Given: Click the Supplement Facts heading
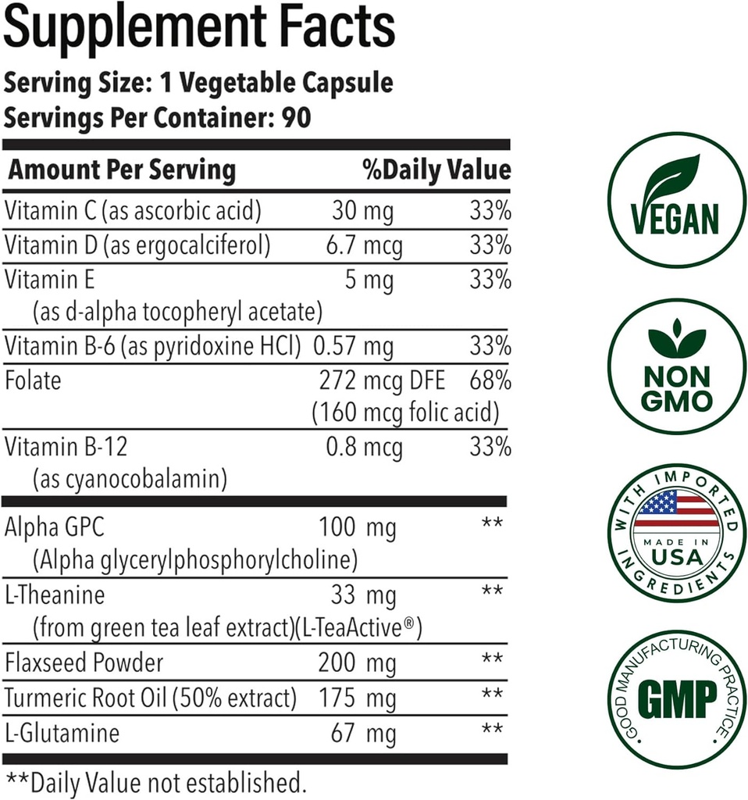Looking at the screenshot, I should click(199, 29).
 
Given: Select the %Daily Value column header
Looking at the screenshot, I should click(436, 170).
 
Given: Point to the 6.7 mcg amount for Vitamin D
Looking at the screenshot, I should click(364, 245).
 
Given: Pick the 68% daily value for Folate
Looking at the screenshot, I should click(490, 381).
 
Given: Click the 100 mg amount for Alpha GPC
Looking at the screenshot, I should click(358, 528).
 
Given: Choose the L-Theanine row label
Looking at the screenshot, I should click(55, 595).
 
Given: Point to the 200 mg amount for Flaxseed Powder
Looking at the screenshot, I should click(357, 663).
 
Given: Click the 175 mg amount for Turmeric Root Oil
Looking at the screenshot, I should click(357, 698).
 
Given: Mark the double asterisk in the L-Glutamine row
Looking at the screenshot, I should click(491, 731).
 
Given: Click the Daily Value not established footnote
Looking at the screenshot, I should click(155, 781).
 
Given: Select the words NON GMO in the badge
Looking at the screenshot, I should click(677, 388).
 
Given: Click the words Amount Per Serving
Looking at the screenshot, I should click(121, 170).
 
